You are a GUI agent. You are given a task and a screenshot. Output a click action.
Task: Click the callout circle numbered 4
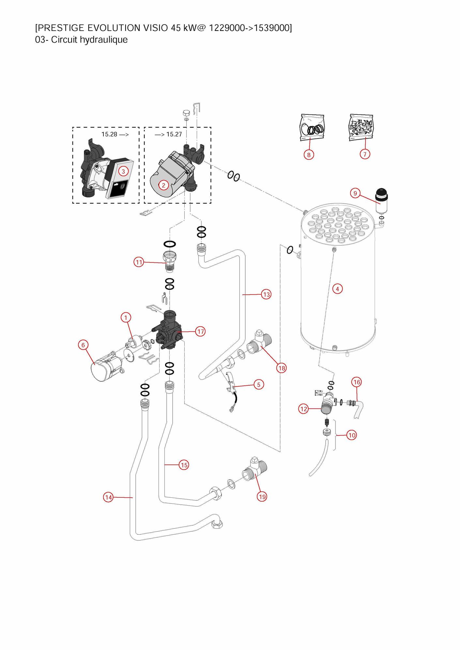pyautogui.click(x=337, y=289)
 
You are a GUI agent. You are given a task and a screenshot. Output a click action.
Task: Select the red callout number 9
pyautogui.click(x=355, y=193)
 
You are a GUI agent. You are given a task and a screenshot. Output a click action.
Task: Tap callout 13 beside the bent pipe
pyautogui.click(x=267, y=294)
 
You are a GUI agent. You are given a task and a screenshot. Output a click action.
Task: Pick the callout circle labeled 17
pyautogui.click(x=200, y=332)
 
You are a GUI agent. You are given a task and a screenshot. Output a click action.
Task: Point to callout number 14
pyautogui.click(x=108, y=497)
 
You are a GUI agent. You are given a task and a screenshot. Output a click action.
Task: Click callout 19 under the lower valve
pyautogui.click(x=262, y=496)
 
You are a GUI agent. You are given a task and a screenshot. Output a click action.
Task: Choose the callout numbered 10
pyautogui.click(x=352, y=435)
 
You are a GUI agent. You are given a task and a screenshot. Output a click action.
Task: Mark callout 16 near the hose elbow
pyautogui.click(x=357, y=382)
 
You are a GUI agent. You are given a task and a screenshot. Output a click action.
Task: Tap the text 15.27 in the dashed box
pyautogui.click(x=174, y=134)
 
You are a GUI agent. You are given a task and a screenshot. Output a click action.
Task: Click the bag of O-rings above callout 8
pyautogui.click(x=312, y=127)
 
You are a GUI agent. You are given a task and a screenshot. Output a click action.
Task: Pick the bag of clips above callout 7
pyautogui.click(x=361, y=127)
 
